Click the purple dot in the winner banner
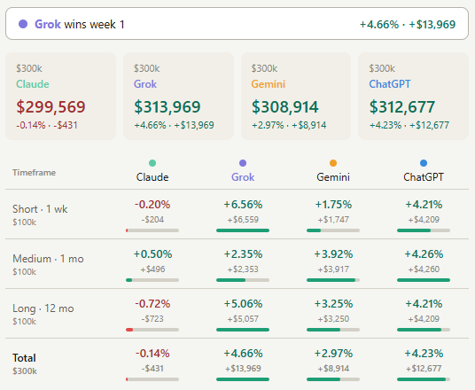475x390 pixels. point(23,24)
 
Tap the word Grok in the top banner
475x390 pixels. point(48,24)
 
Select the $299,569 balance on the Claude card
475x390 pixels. point(51,106)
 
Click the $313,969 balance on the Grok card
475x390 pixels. point(167,106)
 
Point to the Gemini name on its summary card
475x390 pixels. point(269,84)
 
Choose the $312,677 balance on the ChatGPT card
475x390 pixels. point(402,106)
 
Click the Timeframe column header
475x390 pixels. point(34,173)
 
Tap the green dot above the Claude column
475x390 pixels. point(152,163)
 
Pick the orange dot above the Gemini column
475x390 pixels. point(333,163)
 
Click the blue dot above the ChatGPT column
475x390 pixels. point(424,163)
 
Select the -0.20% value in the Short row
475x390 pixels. point(152,205)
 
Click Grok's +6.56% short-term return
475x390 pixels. point(243,205)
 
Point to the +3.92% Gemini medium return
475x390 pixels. point(333,253)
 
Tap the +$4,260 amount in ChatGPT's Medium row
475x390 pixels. point(424,269)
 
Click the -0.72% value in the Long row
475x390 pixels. point(152,304)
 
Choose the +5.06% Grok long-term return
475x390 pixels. point(243,304)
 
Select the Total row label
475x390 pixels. point(24,358)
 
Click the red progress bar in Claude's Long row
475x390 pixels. point(129,330)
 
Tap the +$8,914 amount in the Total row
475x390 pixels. point(333,369)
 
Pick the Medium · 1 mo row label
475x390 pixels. point(48,259)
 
